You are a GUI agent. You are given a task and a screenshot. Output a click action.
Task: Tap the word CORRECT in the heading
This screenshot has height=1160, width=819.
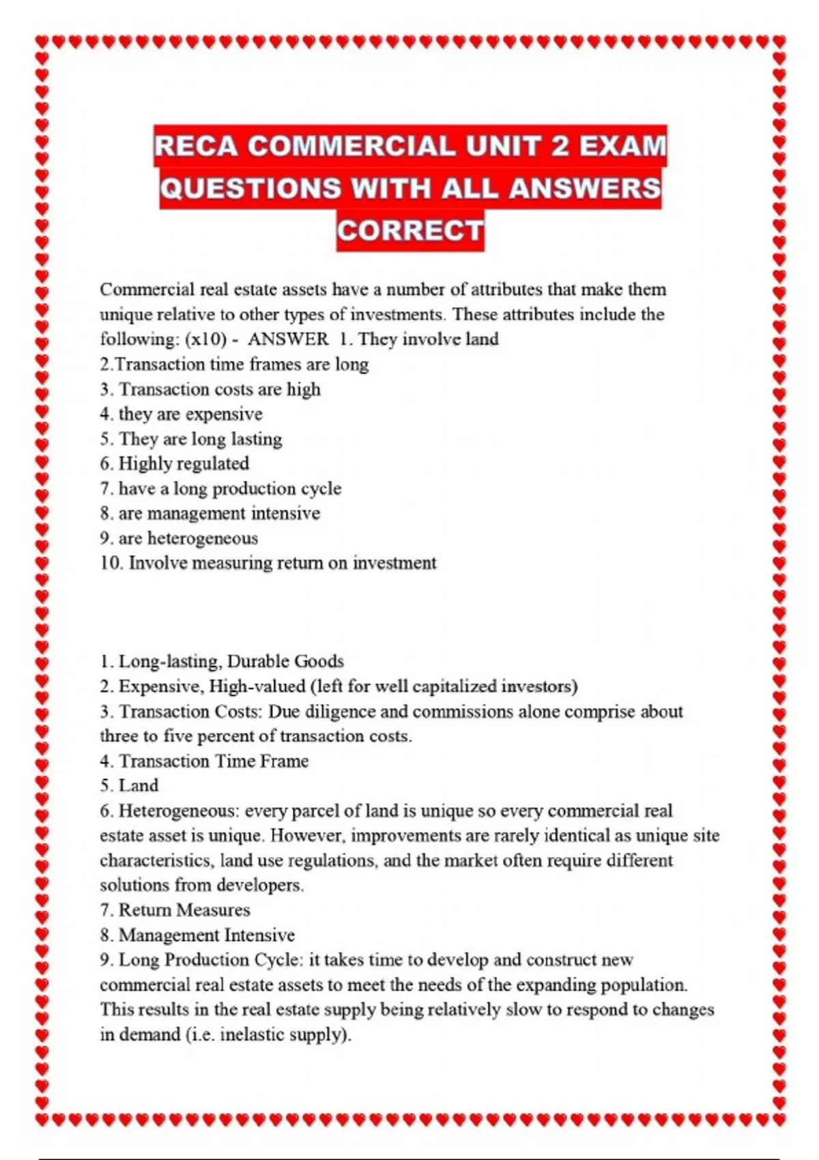410,230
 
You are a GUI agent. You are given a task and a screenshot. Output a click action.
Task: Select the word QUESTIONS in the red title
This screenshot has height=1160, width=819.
250,188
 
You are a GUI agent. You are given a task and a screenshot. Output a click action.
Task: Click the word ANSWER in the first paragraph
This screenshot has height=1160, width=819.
288,339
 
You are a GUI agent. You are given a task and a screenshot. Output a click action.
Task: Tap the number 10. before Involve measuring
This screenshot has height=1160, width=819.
111,563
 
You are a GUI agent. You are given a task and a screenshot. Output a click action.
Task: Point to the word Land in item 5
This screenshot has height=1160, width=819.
139,786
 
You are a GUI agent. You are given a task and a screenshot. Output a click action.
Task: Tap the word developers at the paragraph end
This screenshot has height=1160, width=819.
262,886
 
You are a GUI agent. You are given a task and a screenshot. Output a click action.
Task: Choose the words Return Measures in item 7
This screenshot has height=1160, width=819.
184,910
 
